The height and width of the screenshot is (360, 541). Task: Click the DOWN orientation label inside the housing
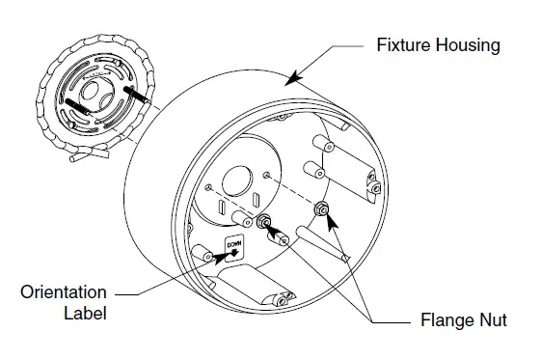233,247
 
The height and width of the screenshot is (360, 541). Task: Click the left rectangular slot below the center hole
223,208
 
